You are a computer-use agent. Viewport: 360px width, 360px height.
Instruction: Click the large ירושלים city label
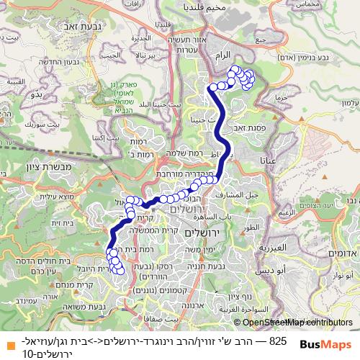pos(204,233)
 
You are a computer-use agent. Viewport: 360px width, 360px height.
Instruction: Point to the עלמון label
pos(349,104)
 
